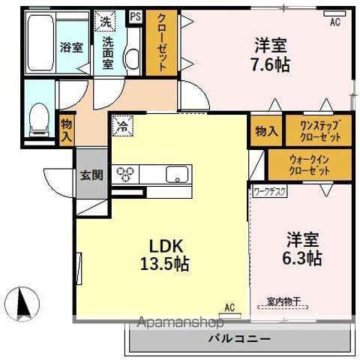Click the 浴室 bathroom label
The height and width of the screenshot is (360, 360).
pyautogui.click(x=71, y=46)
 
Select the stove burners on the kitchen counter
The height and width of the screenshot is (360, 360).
pyautogui.click(x=124, y=174)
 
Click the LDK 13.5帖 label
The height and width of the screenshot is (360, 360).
pyautogui.click(x=164, y=255)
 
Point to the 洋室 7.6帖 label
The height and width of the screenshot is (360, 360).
pyautogui.click(x=270, y=55)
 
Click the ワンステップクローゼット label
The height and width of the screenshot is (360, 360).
pyautogui.click(x=320, y=131)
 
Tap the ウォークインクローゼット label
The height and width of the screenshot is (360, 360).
pyautogui.click(x=309, y=165)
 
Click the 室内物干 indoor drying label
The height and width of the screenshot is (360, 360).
pyautogui.click(x=283, y=301)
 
